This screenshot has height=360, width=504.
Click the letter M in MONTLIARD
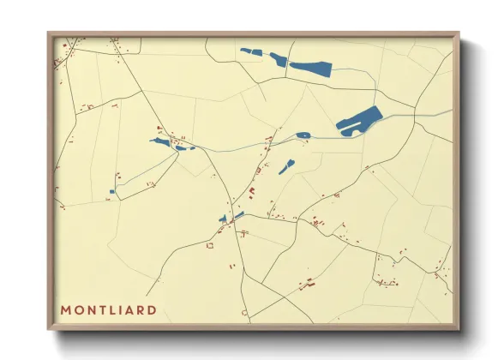pyautogui.click(x=66, y=309)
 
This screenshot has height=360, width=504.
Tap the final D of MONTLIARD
pyautogui.click(x=152, y=309)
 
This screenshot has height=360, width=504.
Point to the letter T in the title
pyautogui.click(x=100, y=309)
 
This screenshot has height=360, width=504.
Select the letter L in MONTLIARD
pyautogui.click(x=111, y=309)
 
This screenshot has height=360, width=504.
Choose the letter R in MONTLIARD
pyautogui.click(x=141, y=309)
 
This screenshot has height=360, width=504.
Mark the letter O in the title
pyautogui.click(x=78, y=309)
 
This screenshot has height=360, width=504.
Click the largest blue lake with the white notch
pyautogui.click(x=359, y=120)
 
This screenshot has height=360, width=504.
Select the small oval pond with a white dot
pyautogui.click(x=303, y=135)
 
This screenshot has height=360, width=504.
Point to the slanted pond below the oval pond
pyautogui.click(x=286, y=165)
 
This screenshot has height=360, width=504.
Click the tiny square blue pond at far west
pyautogui.click(x=112, y=191)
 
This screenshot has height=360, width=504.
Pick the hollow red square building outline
pyautogui.click(x=209, y=246)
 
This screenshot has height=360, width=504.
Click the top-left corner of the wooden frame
pyautogui.click(x=49, y=33)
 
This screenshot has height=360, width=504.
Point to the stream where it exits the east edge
pyautogui.click(x=451, y=112)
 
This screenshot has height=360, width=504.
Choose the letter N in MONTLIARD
pyautogui.click(x=90, y=309)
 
